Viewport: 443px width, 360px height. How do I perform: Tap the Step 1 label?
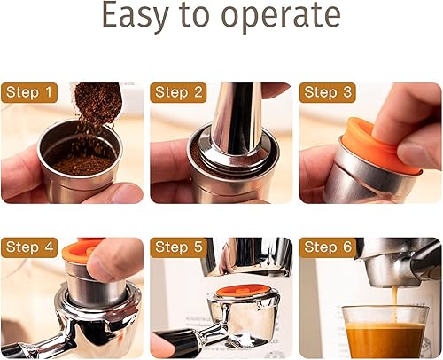(28, 92)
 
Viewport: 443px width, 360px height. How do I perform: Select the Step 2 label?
(179, 92)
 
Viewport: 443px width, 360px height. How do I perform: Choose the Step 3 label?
(328, 92)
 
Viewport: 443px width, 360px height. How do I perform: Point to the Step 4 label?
(28, 247)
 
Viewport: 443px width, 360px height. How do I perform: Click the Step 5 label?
(179, 247)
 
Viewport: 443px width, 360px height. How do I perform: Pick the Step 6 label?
(328, 247)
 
